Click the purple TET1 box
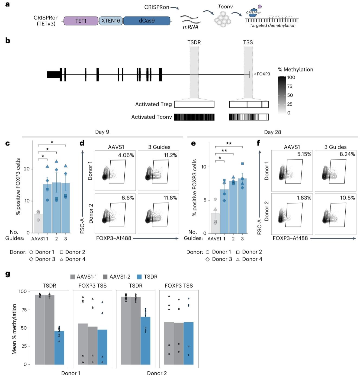tap(81, 21)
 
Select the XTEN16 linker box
tap(111, 21)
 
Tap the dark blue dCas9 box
tap(147, 21)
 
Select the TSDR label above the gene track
tap(194, 42)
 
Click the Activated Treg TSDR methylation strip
tap(194, 104)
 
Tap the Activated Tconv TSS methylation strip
tap(249, 117)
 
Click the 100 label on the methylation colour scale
tap(291, 77)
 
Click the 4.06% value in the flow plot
tap(126, 155)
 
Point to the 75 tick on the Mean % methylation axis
tap(24, 310)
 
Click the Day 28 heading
tap(273, 132)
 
